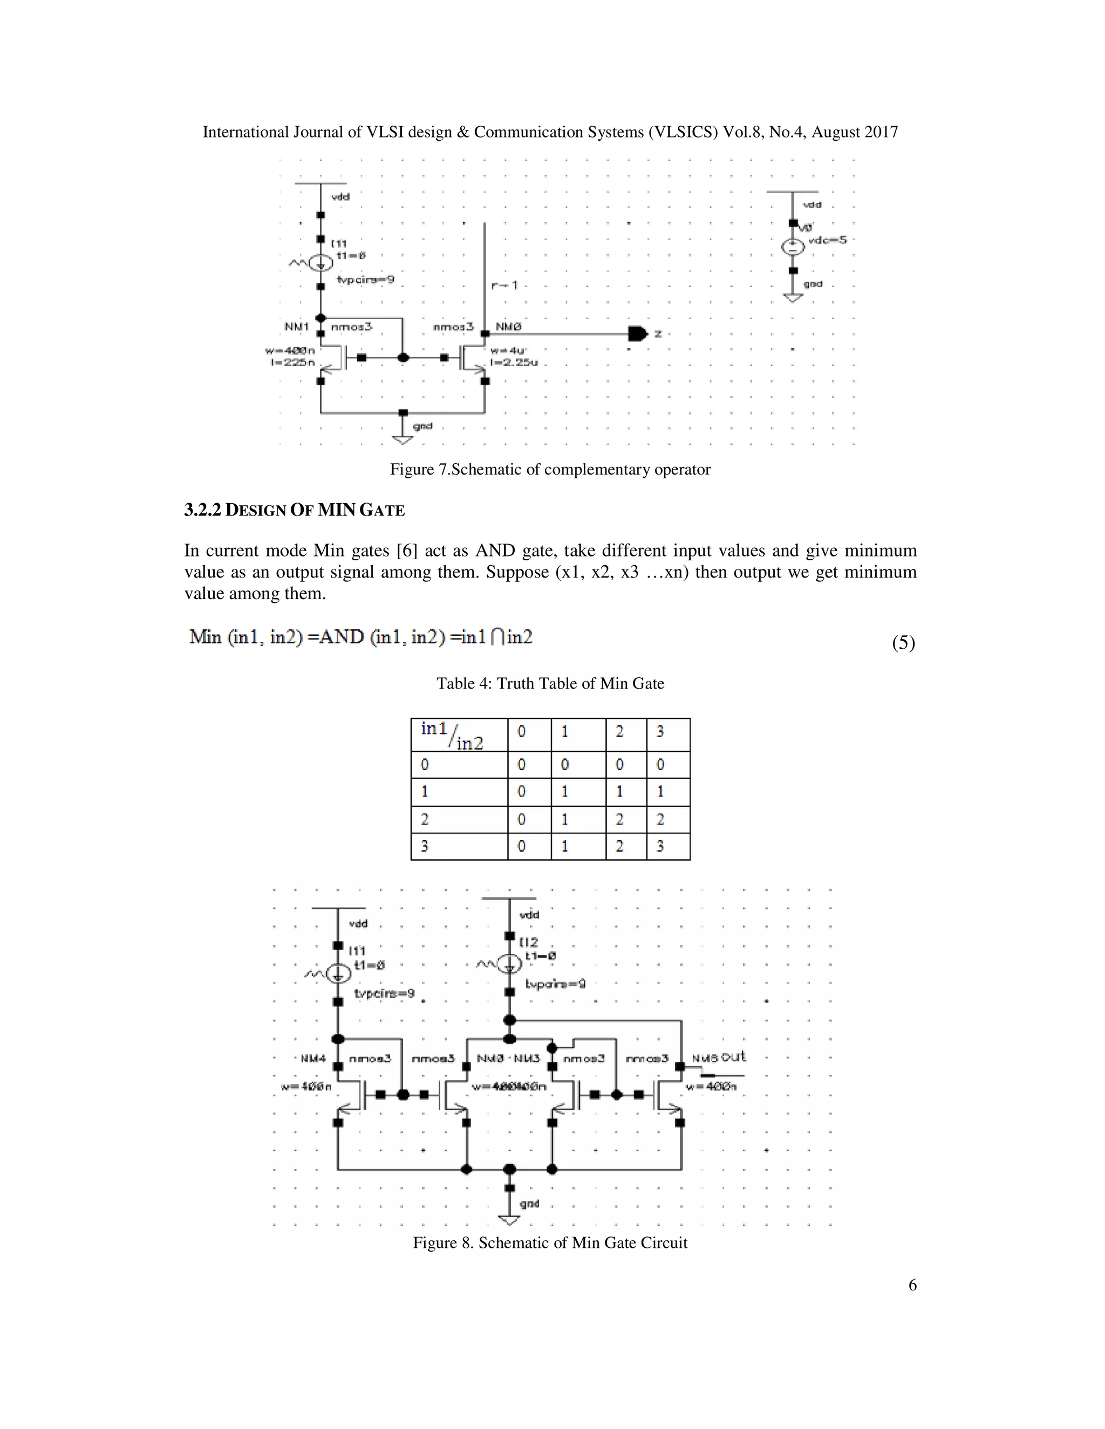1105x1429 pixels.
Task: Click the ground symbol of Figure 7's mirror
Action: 403,438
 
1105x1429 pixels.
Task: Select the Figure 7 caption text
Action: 550,470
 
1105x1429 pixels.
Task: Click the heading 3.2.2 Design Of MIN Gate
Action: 295,510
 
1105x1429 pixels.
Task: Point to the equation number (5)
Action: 903,643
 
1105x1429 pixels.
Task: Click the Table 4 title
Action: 550,684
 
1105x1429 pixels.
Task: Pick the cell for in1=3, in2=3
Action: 668,846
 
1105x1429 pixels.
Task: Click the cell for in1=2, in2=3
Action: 668,819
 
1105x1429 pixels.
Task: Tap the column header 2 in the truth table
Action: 619,732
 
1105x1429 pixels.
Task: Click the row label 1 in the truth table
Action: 425,792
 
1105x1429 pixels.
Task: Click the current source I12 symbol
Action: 509,964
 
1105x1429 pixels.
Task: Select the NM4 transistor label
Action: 313,1059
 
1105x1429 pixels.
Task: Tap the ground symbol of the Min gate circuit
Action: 509,1220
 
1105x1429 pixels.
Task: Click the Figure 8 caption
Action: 550,1243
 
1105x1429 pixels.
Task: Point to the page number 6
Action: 912,1285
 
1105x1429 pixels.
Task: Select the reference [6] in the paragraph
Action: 407,551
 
